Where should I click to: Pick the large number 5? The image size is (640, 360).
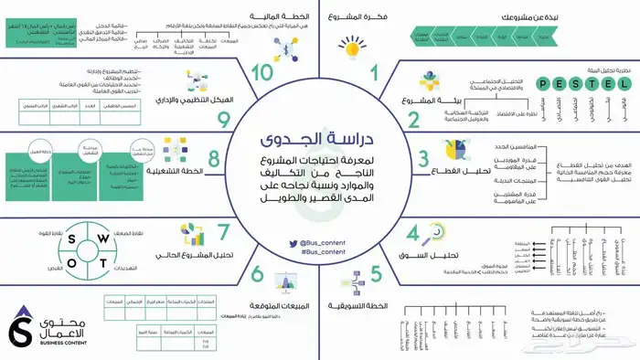(x=377, y=273)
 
